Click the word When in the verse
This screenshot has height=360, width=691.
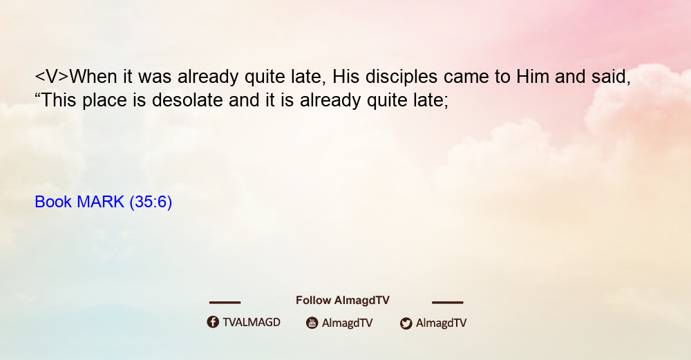point(93,77)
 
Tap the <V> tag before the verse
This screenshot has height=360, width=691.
point(52,77)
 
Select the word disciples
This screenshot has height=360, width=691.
point(401,77)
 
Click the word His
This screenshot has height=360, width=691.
point(345,77)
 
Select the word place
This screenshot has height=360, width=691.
point(105,101)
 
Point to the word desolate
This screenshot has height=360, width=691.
point(187,100)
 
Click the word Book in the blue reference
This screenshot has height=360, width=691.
point(53,202)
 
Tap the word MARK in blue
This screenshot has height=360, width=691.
point(100,202)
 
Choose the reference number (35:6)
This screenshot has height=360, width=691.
point(151,202)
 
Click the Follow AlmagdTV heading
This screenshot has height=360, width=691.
point(343,301)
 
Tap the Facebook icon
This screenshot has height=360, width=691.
point(213,322)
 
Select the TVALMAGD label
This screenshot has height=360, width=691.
point(252,323)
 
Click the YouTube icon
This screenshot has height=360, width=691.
point(312,323)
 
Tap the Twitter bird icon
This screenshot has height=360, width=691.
point(406,323)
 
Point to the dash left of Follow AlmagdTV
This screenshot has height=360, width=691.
point(225,303)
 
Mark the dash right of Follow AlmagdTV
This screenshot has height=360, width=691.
point(448,303)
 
